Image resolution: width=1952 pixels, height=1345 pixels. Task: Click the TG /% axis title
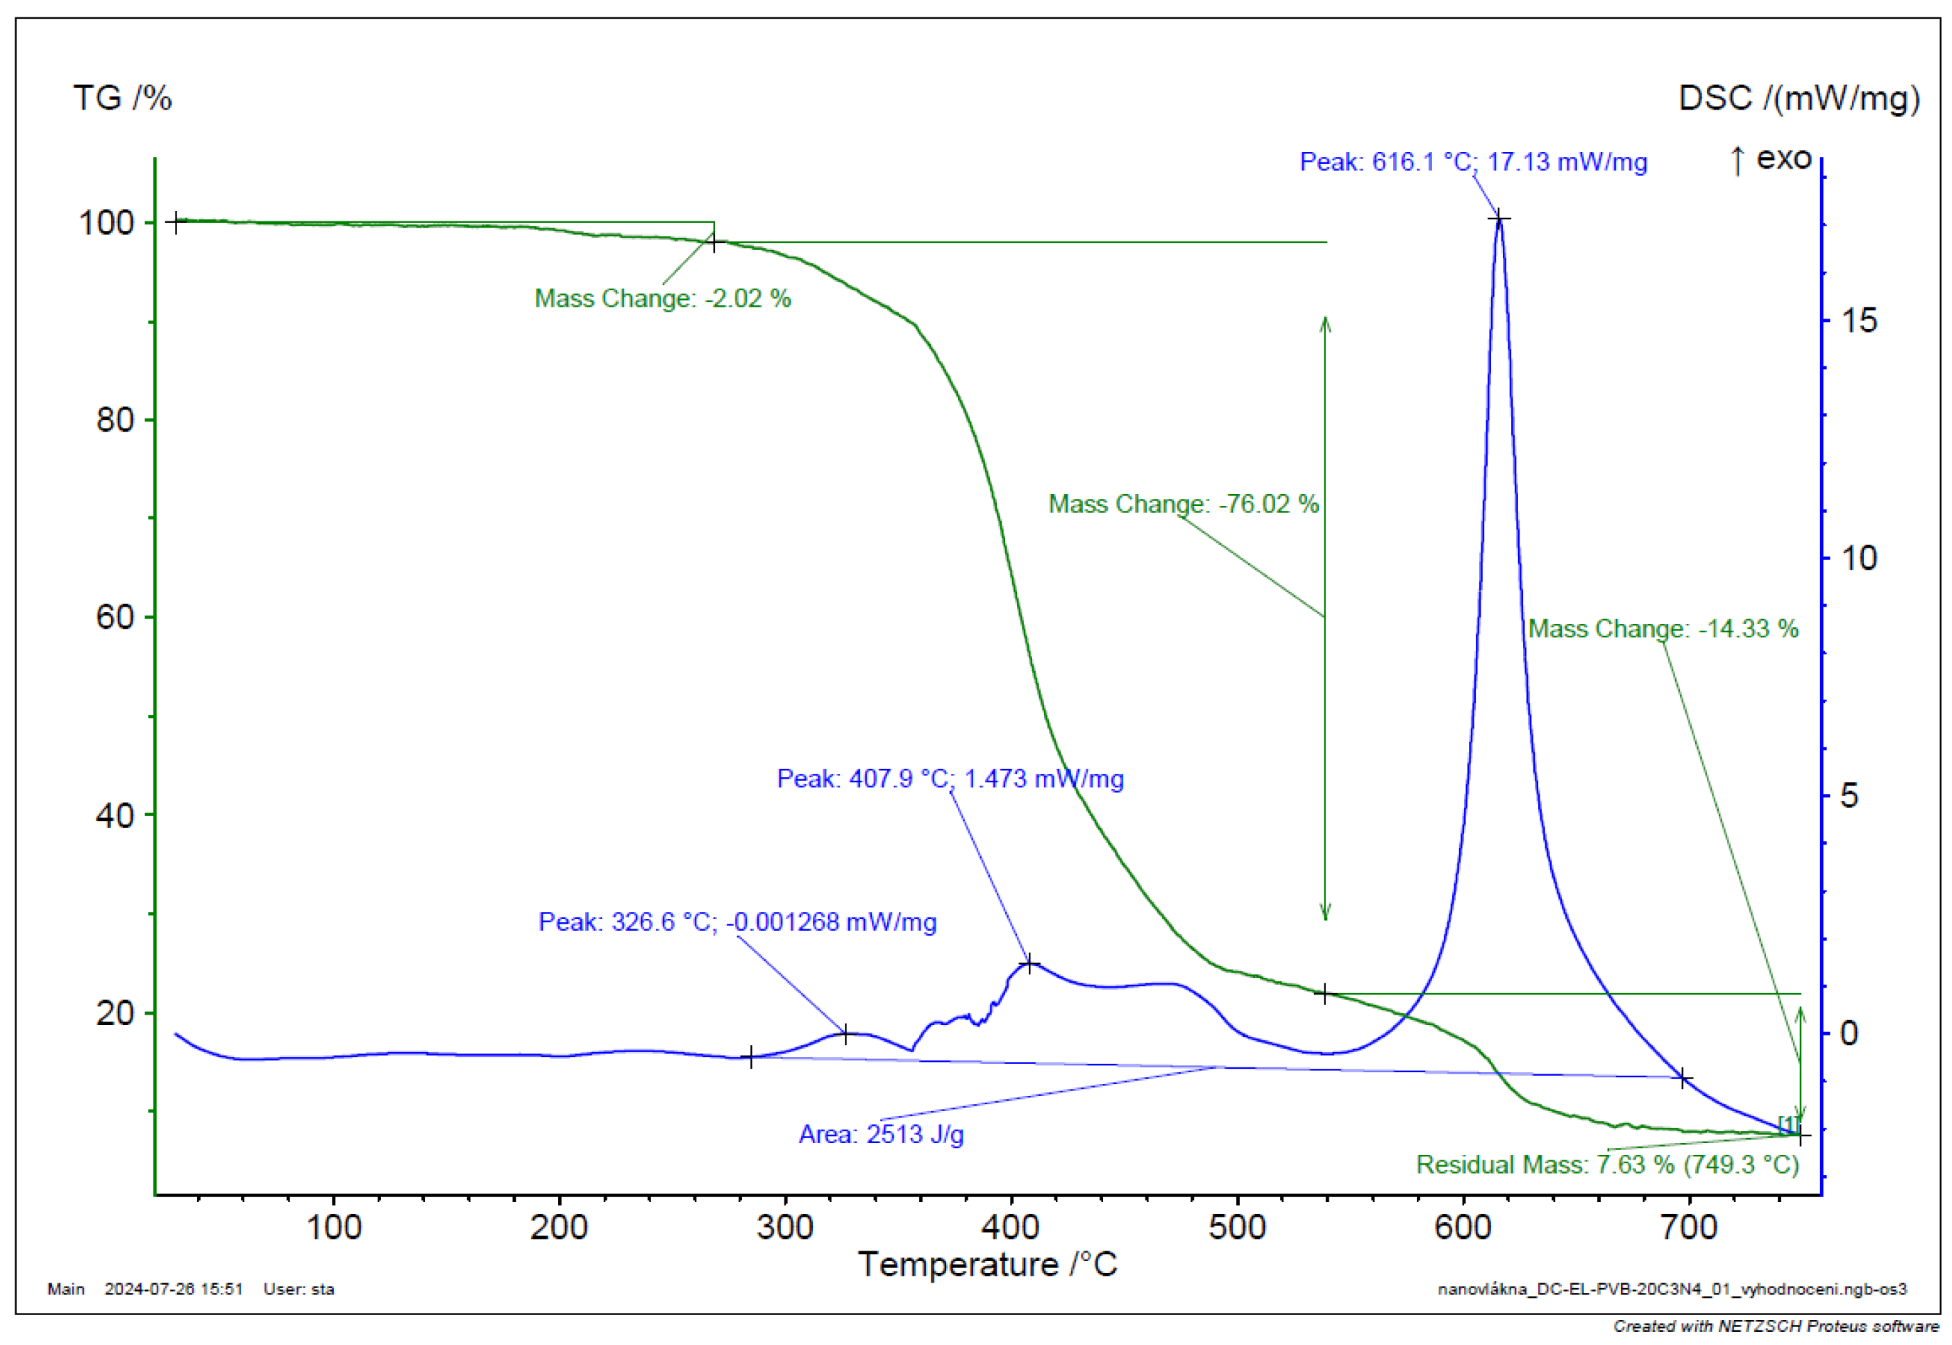122,99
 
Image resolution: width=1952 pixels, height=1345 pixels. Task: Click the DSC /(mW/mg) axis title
1798,99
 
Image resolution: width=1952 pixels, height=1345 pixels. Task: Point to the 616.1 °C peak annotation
1472,161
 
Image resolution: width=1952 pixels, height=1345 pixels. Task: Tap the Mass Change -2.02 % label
662,298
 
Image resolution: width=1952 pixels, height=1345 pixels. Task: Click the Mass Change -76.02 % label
1182,504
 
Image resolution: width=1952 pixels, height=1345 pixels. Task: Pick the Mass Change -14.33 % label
1663,629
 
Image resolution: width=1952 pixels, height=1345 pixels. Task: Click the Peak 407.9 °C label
950,779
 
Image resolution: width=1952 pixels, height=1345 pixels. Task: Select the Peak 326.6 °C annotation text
737,922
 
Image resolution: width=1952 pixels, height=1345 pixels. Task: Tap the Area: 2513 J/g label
881,1134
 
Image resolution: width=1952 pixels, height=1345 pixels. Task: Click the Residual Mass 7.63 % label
1606,1165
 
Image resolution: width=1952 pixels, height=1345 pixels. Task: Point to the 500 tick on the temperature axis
1236,1228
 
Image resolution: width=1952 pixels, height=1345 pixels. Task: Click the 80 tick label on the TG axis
115,420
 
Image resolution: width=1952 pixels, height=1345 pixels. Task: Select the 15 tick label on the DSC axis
1858,321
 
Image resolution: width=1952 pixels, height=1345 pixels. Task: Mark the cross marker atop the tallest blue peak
1498,219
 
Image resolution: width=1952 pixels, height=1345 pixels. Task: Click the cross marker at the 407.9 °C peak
1028,963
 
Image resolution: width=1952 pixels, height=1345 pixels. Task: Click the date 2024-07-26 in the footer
174,1289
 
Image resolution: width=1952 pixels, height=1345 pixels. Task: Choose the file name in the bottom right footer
1672,1289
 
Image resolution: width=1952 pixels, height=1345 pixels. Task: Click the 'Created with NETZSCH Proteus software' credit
1775,1326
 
